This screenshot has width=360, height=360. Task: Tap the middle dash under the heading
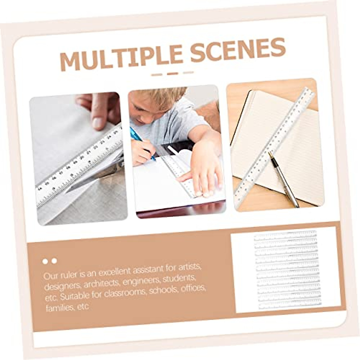point(172,73)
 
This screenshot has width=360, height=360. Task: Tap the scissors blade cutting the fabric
point(90,180)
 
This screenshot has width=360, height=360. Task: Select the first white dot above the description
point(45,261)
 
